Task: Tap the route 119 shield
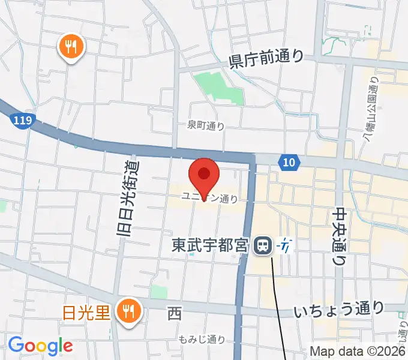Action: [x=23, y=121]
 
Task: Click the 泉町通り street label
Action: [x=206, y=125]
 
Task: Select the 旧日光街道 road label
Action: [x=128, y=198]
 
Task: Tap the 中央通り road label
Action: [x=340, y=235]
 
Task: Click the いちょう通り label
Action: [x=339, y=309]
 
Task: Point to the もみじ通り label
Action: [x=202, y=339]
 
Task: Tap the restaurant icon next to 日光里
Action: [x=128, y=311]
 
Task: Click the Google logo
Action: [x=40, y=346]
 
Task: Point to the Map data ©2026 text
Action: [x=358, y=351]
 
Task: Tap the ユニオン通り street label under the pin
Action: [x=214, y=196]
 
